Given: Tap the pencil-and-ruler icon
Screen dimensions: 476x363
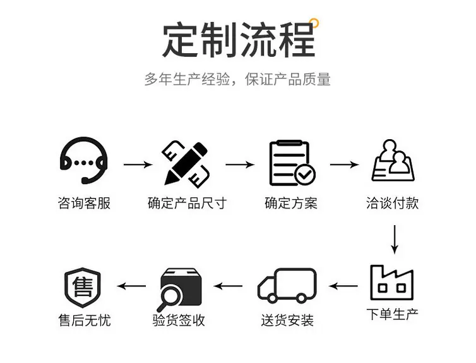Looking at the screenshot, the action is (x=186, y=164).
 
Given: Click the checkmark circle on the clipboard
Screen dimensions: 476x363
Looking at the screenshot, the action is (x=305, y=175).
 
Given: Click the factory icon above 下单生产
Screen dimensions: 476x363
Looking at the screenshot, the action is (x=391, y=283).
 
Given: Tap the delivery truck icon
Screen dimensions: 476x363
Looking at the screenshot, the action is (x=287, y=285).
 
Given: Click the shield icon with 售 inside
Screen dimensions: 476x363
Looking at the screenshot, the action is (x=83, y=287).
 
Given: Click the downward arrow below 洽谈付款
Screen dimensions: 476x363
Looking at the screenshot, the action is (x=395, y=239).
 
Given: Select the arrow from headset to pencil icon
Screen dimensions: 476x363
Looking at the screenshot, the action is (x=138, y=164).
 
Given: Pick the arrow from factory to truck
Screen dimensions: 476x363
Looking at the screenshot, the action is (x=343, y=286).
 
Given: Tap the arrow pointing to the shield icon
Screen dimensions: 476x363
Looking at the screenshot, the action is (x=131, y=286).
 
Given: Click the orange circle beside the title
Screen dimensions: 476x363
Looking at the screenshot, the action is (x=314, y=23).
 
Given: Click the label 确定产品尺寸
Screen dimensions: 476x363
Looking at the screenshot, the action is (x=187, y=204).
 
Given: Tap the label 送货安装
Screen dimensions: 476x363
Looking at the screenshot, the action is (x=287, y=320).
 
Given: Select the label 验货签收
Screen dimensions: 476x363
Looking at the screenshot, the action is (x=179, y=320).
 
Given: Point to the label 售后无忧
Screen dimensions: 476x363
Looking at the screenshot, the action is (x=85, y=320).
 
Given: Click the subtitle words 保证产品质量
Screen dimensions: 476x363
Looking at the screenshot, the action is (x=288, y=79).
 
